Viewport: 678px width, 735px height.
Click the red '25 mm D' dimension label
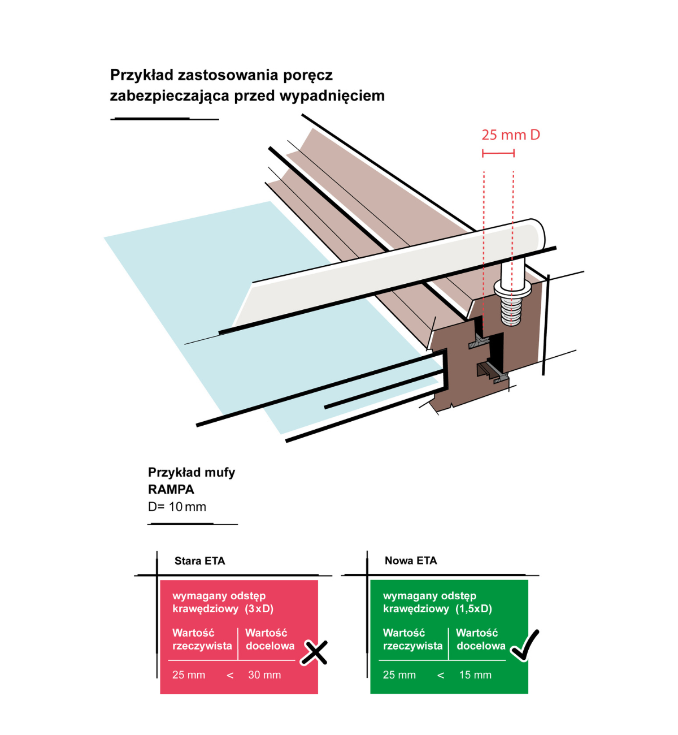point(510,135)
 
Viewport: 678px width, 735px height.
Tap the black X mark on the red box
point(314,652)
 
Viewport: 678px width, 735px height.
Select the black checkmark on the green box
point(524,646)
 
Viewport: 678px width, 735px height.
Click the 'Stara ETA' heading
point(199,561)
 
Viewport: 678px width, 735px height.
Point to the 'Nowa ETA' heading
point(411,560)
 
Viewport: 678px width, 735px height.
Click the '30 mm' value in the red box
point(264,675)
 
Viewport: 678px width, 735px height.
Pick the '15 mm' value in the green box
point(475,675)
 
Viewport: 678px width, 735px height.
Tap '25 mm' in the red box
point(189,675)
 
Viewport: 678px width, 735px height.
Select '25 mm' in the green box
point(399,675)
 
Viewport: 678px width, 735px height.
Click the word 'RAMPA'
point(171,490)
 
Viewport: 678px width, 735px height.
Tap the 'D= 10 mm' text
point(177,507)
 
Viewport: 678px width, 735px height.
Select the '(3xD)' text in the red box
point(259,609)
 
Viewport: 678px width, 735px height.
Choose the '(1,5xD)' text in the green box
point(473,609)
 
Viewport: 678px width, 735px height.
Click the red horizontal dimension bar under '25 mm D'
point(498,153)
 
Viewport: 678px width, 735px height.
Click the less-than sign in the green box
point(441,675)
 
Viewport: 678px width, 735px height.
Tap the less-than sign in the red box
point(230,675)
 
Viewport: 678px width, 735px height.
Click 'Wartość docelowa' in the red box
point(270,639)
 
